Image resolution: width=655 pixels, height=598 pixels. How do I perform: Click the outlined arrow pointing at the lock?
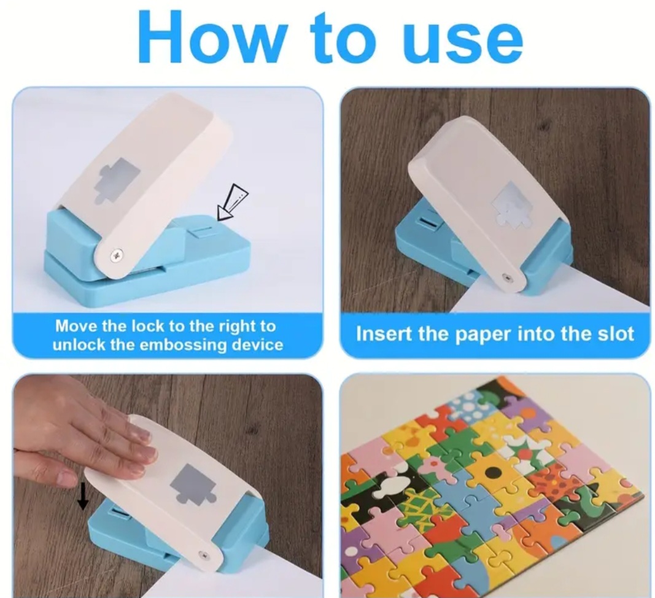click(x=232, y=202)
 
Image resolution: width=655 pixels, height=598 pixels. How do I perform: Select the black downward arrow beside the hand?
click(x=83, y=495)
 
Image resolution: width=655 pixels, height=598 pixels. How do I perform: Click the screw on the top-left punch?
click(x=116, y=254)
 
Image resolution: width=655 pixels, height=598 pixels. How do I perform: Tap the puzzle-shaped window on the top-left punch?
click(x=117, y=180)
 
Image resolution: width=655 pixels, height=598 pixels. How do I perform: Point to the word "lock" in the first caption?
click(x=148, y=326)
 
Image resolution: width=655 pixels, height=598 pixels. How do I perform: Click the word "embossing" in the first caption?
click(x=187, y=345)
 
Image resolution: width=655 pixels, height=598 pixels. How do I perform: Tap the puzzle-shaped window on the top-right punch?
click(x=512, y=204)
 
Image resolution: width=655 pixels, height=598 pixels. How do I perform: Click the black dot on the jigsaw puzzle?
click(x=493, y=473)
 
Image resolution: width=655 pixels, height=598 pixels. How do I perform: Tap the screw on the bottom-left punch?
click(x=204, y=555)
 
